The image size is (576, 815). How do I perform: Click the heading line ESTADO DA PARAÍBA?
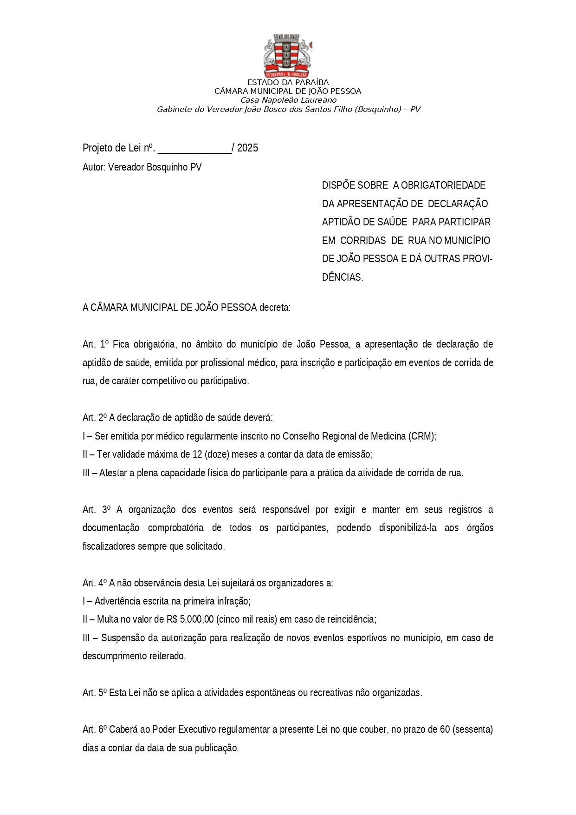tap(288, 83)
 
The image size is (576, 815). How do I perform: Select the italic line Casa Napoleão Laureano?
tap(288, 100)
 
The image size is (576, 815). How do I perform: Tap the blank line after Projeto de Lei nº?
tap(194, 149)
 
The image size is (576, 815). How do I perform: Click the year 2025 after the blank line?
tap(247, 148)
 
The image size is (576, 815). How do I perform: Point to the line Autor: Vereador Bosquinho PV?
tap(142, 167)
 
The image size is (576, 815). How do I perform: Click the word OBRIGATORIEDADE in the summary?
tap(443, 185)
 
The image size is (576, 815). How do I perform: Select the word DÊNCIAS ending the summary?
tap(342, 277)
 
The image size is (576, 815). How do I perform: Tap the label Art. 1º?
tap(95, 344)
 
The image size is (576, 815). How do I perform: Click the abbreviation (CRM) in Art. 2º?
tap(422, 436)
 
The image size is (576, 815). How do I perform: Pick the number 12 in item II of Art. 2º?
tap(197, 454)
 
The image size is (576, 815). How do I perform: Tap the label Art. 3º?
tap(96, 510)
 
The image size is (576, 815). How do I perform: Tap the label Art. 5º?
tap(95, 693)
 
